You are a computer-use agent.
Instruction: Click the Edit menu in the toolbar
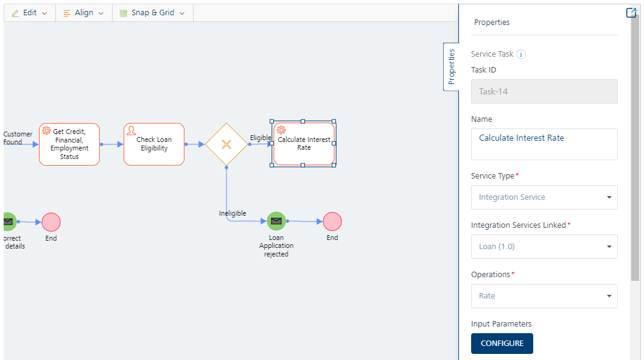click(x=29, y=13)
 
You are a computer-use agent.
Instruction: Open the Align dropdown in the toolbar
click(x=83, y=13)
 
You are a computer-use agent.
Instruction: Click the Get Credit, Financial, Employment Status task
click(x=69, y=144)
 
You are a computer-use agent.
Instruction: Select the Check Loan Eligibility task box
click(x=154, y=144)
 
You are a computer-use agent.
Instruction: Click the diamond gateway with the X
click(x=226, y=144)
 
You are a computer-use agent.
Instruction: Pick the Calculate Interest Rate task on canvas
click(x=304, y=144)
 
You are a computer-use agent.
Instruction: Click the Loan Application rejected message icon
click(x=276, y=221)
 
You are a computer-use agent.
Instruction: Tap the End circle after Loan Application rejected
click(x=332, y=221)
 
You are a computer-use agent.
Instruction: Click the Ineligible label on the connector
click(x=233, y=213)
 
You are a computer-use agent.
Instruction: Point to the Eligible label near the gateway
click(x=261, y=138)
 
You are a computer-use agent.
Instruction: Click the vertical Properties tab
click(x=451, y=67)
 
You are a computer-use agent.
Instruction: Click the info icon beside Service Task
click(x=521, y=54)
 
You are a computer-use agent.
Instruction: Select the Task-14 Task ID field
click(x=544, y=91)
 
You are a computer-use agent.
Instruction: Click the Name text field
click(x=544, y=144)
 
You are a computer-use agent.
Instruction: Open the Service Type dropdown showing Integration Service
click(x=544, y=197)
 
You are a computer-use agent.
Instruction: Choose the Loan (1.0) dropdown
click(x=544, y=247)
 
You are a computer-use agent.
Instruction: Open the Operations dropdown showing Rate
click(x=544, y=296)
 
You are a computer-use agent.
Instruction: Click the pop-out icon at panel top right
click(x=631, y=13)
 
